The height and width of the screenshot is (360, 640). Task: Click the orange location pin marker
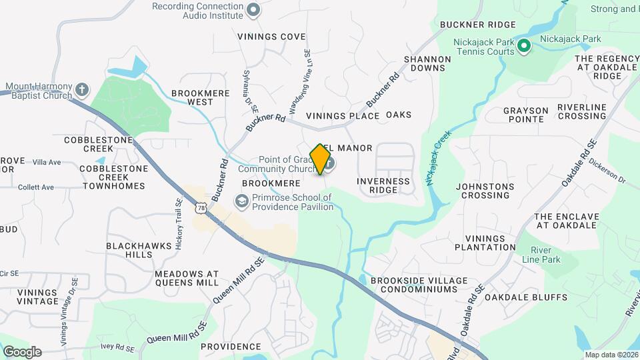tap(321, 159)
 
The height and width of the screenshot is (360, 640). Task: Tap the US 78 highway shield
tap(201, 209)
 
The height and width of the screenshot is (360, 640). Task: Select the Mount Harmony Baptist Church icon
tap(81, 89)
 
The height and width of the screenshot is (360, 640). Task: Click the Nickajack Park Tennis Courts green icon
tap(524, 46)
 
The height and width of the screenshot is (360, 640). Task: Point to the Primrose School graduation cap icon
tap(241, 201)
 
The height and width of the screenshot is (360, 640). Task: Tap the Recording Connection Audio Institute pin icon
tap(253, 9)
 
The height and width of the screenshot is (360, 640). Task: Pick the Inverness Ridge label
tap(383, 185)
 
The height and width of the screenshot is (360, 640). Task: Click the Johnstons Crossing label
tap(485, 191)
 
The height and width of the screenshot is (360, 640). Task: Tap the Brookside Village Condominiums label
tap(414, 285)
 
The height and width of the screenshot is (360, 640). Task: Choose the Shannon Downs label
tap(427, 63)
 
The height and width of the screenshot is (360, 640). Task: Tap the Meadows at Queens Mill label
tap(187, 278)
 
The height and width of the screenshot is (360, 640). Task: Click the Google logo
tap(22, 351)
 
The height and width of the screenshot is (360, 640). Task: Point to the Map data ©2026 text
tap(611, 354)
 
